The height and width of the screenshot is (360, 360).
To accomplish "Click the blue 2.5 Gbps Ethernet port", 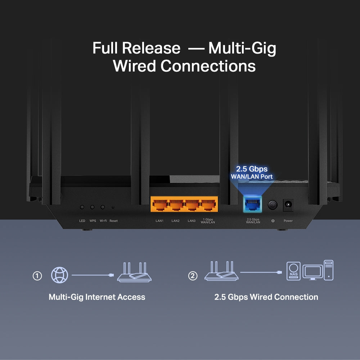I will tap(253, 205).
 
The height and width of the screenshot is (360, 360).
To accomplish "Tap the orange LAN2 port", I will tap(176, 205).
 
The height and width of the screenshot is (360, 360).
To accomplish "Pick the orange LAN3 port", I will tap(192, 205).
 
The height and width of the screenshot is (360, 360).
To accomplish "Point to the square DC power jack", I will tap(288, 205).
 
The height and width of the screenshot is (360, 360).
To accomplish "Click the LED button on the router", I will tap(82, 207).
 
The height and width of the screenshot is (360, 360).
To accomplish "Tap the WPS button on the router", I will tap(93, 207).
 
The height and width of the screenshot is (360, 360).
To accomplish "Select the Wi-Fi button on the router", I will tap(103, 207).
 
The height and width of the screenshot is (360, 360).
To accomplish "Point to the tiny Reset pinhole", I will tap(113, 207).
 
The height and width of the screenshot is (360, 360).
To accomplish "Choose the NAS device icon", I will tap(293, 271).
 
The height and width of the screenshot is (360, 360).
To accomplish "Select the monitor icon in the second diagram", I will tap(312, 272).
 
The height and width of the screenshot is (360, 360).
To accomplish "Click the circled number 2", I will tap(193, 276).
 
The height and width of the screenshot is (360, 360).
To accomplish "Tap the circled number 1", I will tap(37, 276).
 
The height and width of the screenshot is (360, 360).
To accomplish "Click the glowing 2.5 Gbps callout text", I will tap(252, 169).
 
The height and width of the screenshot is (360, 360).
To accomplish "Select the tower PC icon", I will tap(328, 270).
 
